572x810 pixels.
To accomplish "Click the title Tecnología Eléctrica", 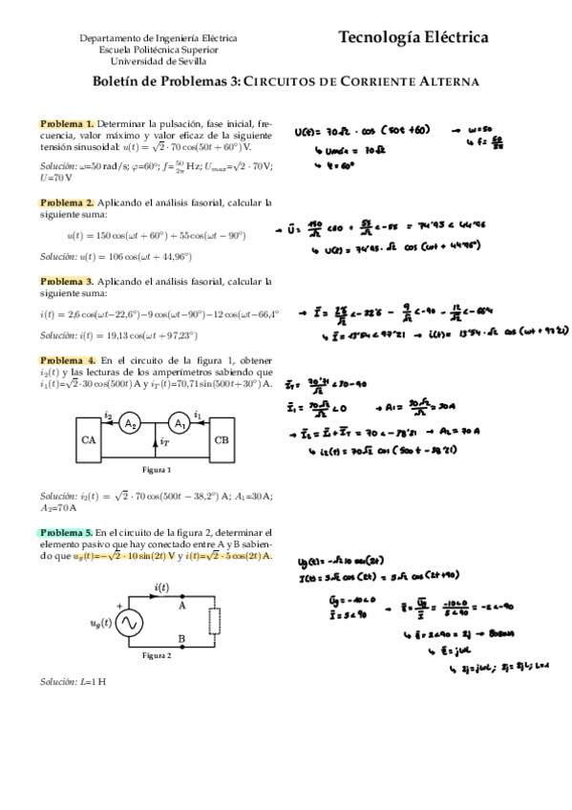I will (x=413, y=38).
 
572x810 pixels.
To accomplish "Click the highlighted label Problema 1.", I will (x=67, y=123).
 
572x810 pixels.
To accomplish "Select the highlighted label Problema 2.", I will (x=67, y=202).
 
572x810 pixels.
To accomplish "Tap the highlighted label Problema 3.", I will (x=67, y=281).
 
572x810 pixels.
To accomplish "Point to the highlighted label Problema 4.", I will (x=67, y=359).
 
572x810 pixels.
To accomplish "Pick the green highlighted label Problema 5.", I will (x=67, y=532).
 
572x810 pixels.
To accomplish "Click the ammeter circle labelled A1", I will (x=179, y=424).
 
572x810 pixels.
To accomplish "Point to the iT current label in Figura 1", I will (x=165, y=442).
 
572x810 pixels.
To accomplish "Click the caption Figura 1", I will (x=156, y=470).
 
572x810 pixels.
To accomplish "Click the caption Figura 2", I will (x=156, y=656).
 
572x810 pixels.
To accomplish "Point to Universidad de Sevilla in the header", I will (x=159, y=59).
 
